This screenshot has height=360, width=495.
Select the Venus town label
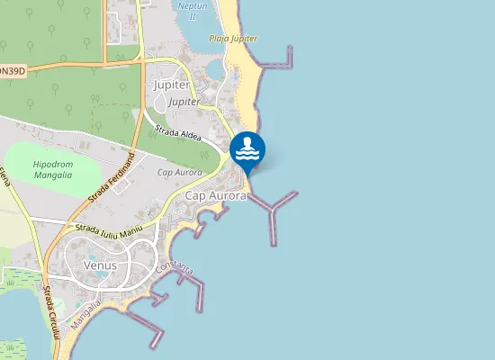tap(100, 265)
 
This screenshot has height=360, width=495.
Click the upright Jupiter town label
tap(172, 85)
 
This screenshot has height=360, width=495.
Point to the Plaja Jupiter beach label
tap(233, 39)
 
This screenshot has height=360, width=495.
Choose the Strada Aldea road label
tap(177, 134)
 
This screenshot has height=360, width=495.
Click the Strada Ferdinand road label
tap(112, 178)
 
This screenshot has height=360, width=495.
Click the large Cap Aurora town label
tap(216, 195)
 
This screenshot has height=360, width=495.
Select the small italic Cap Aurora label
tap(178, 172)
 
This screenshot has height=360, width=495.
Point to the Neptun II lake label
tap(193, 10)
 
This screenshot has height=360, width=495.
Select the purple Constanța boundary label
tap(174, 267)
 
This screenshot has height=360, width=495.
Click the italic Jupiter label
tap(184, 103)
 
